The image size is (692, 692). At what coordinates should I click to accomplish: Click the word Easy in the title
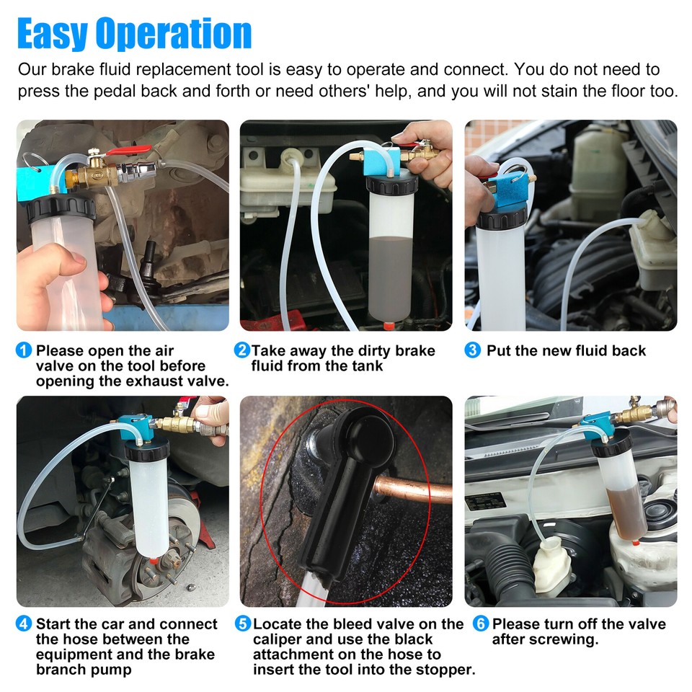coord(53,33)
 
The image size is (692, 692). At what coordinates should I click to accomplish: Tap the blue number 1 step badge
coord(25,351)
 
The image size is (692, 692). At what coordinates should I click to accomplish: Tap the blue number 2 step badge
coord(242,351)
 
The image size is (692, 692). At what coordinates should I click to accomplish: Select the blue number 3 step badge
coord(473,351)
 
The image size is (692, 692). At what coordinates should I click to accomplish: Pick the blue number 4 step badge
coord(25,624)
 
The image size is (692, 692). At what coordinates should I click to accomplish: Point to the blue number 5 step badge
coord(243,624)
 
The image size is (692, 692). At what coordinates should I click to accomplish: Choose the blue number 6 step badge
coord(481,624)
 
